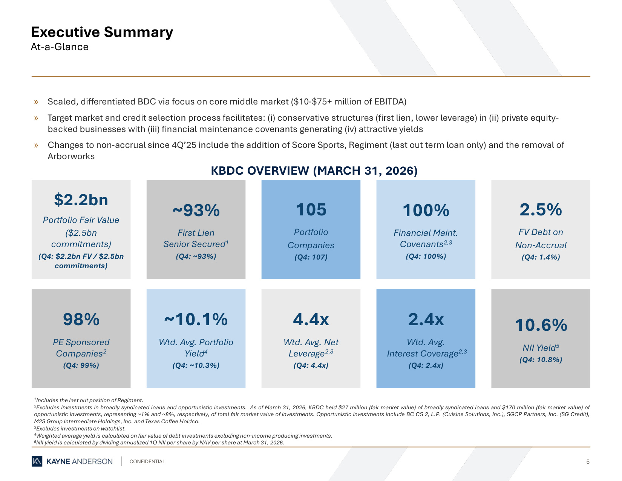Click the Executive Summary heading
tap(102, 32)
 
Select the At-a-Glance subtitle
tap(60, 47)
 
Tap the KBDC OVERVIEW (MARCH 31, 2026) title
tap(314, 171)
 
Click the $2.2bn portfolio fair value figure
tap(81, 200)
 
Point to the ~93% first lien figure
tap(196, 210)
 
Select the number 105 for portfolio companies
tap(311, 209)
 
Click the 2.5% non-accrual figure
tap(541, 209)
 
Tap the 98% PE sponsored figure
tap(81, 319)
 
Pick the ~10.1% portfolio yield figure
tap(196, 319)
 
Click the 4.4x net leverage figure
tap(311, 319)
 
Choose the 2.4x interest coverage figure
tap(426, 319)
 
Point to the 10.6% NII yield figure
tap(541, 325)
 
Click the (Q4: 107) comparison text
tap(311, 257)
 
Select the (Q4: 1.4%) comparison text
tap(541, 257)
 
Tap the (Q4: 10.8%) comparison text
tap(541, 360)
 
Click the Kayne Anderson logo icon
tap(37, 461)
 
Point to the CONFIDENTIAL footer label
tap(147, 461)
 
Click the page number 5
tap(588, 461)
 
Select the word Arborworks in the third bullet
tap(71, 157)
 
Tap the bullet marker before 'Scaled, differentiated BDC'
tap(36, 102)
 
